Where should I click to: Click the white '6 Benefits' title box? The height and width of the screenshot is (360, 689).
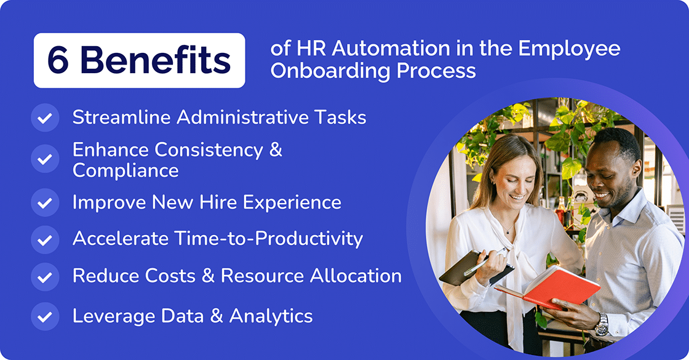139,60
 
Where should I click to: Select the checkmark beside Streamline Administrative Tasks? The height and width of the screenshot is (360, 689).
45,118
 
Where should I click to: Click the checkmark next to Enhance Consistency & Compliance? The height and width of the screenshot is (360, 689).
45,159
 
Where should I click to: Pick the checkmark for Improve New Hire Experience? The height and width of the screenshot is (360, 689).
45,202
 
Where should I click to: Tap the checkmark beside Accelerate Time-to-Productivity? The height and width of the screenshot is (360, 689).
45,239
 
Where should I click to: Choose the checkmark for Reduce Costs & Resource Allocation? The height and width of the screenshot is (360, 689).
45,276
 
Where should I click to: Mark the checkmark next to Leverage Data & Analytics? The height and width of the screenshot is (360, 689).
45,316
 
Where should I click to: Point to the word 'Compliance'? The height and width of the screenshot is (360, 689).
125,170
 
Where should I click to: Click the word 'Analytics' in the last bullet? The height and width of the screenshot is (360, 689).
271,316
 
